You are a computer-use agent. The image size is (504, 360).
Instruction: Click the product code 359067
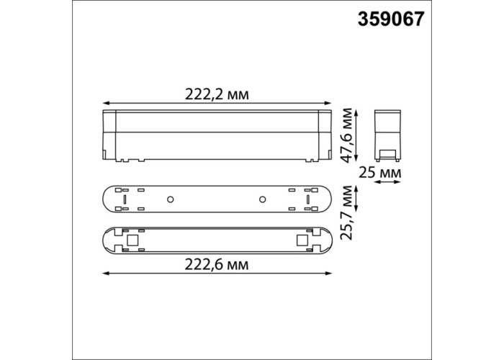click(391, 19)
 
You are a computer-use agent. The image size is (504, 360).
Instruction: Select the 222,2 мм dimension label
click(217, 94)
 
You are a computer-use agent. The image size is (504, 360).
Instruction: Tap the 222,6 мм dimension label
click(217, 265)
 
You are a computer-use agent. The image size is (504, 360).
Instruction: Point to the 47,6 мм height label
click(348, 135)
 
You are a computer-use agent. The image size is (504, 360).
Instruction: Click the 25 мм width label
click(380, 173)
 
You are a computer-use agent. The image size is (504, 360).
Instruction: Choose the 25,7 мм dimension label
click(348, 212)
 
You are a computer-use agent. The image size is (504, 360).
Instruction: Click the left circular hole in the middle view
click(171, 199)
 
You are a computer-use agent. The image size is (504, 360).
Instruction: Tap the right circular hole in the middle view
click(262, 199)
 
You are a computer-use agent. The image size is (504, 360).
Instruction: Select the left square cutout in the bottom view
click(132, 240)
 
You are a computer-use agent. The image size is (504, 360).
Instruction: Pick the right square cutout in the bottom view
click(302, 240)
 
